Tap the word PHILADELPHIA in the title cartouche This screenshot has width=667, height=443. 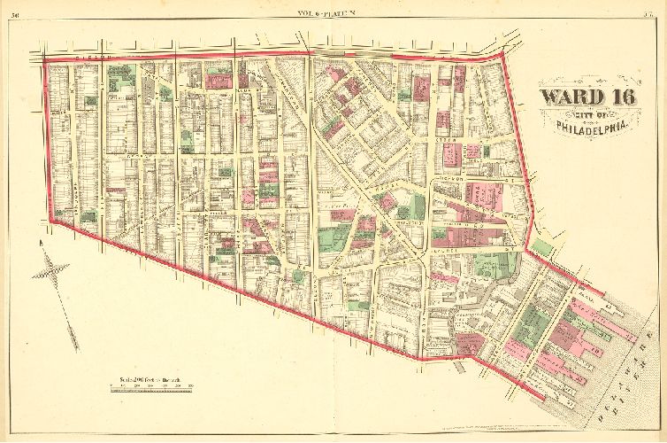[x=592, y=127]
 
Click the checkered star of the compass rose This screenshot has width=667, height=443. [x=50, y=270]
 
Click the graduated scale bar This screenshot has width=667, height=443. [x=150, y=390]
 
